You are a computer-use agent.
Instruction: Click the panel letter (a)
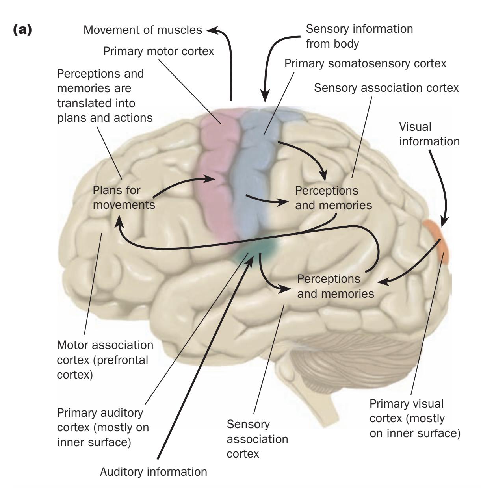coord(22,31)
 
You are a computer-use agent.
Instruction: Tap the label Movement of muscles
coord(143,30)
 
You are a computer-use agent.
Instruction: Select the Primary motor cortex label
coord(158,51)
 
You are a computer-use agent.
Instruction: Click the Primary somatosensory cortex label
coord(365,63)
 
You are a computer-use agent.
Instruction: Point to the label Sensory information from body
coord(359,36)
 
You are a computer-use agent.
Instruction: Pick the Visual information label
coord(429,134)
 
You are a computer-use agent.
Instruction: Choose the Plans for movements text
coord(123,197)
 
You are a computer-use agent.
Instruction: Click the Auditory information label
coord(153,472)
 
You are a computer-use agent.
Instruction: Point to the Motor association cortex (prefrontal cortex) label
coord(105,360)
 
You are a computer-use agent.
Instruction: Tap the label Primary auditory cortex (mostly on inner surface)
coord(103,427)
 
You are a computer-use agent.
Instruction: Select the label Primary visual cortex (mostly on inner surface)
coord(414,419)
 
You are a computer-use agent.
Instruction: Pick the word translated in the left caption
coord(96,103)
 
